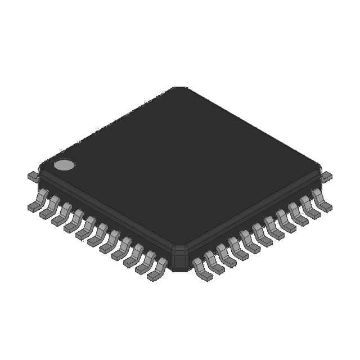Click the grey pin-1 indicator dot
click(x=64, y=165)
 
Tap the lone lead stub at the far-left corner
click(x=33, y=177)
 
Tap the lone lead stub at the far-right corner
click(x=326, y=177)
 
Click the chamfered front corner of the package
click(x=180, y=257)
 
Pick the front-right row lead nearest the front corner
click(x=202, y=269)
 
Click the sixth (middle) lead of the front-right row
click(x=262, y=235)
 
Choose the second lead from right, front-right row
click(x=310, y=208)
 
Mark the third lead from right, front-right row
click(x=298, y=214)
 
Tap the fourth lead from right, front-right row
click(x=286, y=221)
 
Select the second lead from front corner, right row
click(x=214, y=262)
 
